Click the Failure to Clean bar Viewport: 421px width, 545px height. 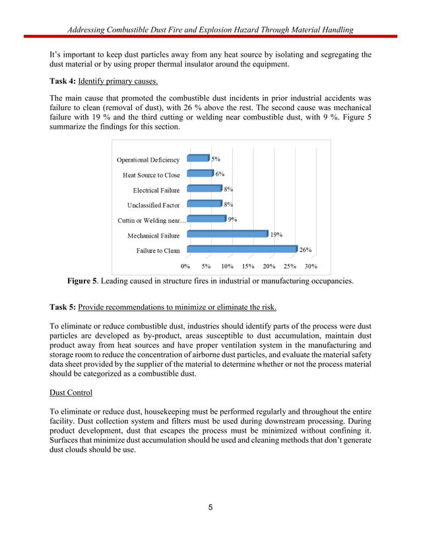point(242,249)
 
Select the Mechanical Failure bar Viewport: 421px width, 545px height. point(227,234)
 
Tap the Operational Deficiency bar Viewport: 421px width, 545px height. point(197,158)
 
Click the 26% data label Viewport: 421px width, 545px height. point(306,250)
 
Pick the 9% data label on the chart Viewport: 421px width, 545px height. point(232,219)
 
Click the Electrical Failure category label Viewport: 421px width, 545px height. point(156,190)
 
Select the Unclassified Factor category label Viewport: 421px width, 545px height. point(153,205)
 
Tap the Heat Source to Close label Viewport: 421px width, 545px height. point(151,175)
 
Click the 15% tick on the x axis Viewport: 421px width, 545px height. point(248,267)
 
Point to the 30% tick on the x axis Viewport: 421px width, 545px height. point(310,267)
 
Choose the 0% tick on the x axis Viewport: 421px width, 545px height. point(186,267)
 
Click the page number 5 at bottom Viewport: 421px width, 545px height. point(210,507)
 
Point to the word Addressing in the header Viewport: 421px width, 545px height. point(89,29)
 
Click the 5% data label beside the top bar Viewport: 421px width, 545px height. point(216,159)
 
